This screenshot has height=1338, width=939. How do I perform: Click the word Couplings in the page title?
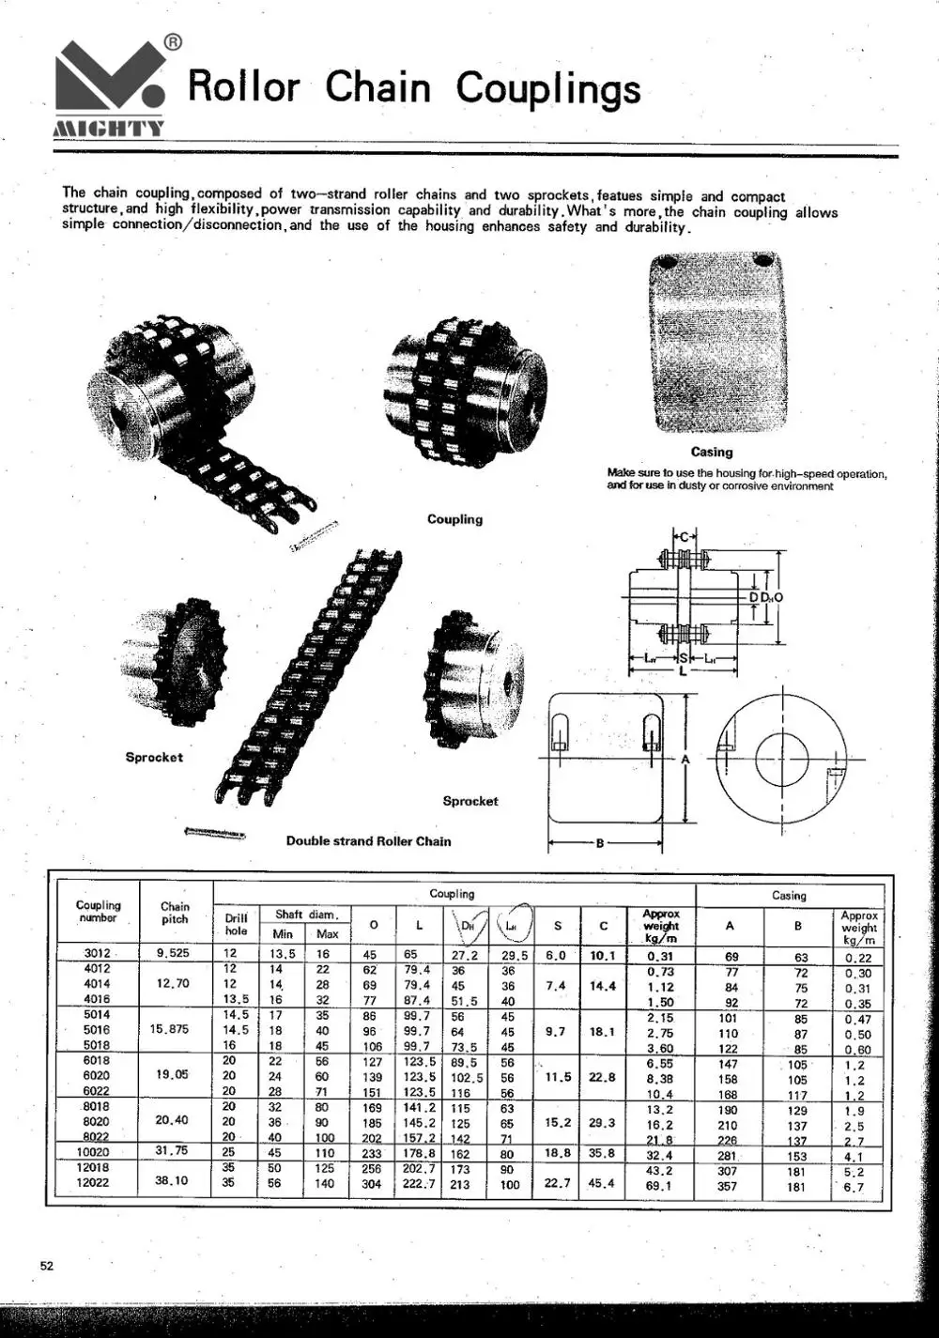(x=548, y=88)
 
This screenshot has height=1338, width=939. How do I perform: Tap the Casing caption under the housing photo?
(x=712, y=452)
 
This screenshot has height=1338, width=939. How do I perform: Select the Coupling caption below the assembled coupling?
(x=454, y=519)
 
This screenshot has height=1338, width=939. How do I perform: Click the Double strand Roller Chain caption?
(x=368, y=841)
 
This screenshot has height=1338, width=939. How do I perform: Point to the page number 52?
(x=47, y=1266)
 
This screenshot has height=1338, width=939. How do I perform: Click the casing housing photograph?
(x=715, y=343)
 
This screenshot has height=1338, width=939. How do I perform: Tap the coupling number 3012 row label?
(x=98, y=953)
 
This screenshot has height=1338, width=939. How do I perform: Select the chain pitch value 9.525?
(x=174, y=953)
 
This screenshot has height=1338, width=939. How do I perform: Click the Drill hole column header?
(x=236, y=924)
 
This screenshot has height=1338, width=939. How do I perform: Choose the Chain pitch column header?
(x=175, y=913)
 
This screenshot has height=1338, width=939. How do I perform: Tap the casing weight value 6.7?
(x=854, y=1187)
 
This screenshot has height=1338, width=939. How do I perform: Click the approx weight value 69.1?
(x=660, y=1186)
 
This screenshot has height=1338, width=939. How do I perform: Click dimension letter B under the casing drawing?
(x=600, y=842)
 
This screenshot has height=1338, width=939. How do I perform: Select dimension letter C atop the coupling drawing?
(x=684, y=537)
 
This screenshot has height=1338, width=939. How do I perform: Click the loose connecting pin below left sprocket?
(x=215, y=832)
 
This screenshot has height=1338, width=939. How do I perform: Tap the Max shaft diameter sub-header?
(x=327, y=933)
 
